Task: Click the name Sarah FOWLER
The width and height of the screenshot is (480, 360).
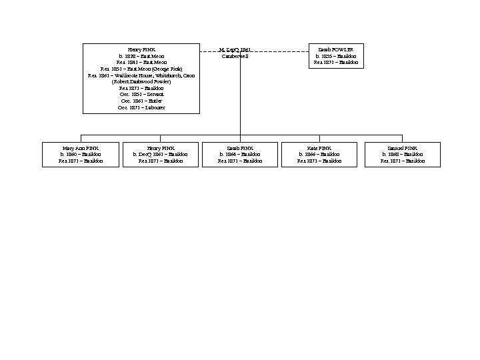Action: tap(336, 49)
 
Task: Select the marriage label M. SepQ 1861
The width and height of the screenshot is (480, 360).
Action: tap(235, 49)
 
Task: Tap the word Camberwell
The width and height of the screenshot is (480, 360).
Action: tap(235, 56)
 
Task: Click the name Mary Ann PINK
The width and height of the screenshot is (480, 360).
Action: tap(81, 148)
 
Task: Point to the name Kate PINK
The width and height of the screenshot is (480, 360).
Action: tap(319, 148)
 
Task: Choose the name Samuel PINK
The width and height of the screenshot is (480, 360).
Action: tap(402, 148)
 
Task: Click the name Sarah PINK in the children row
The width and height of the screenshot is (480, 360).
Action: tap(240, 148)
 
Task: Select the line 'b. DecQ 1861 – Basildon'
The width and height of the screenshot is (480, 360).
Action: tap(160, 155)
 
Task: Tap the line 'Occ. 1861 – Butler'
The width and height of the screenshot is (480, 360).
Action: tap(141, 101)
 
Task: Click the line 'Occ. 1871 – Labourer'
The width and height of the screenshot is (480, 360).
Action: tap(141, 107)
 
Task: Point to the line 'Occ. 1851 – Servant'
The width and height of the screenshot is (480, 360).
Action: tap(141, 95)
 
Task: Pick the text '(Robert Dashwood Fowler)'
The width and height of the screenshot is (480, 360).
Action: tap(141, 82)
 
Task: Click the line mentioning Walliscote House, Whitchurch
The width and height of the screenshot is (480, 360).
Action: tap(141, 75)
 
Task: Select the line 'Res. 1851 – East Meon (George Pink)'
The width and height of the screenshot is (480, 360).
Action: tap(141, 69)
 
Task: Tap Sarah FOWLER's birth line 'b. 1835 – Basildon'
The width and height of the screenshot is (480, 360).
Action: tap(336, 56)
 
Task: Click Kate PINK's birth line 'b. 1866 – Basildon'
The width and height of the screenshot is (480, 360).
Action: tap(319, 155)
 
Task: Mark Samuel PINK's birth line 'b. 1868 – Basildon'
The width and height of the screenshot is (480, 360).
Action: tap(402, 155)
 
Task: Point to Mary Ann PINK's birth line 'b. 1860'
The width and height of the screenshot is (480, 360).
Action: tap(81, 155)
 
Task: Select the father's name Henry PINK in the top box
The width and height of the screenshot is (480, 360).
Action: tap(141, 49)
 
